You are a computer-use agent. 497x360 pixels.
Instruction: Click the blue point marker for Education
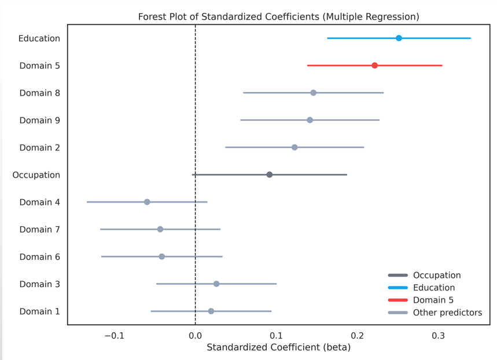[x=399, y=38]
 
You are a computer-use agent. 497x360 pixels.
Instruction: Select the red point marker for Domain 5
[x=374, y=65]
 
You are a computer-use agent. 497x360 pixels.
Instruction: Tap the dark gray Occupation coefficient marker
[x=269, y=175]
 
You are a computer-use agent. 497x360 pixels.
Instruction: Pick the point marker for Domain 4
[x=147, y=202]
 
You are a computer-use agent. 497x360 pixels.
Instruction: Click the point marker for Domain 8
[x=313, y=93]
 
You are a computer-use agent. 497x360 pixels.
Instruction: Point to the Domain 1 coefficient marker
[x=211, y=311]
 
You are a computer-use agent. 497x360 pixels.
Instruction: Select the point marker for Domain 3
[x=216, y=284]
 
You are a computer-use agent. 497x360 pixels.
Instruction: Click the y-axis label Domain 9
[x=39, y=120]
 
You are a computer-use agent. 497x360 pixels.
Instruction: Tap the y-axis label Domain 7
[x=39, y=230]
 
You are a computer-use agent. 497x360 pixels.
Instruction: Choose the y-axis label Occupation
[x=36, y=175]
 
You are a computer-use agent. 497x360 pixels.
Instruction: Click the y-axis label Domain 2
[x=39, y=148]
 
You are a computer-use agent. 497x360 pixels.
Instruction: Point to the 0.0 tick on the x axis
[x=195, y=335]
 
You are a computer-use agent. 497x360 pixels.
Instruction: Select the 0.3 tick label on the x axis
[x=439, y=335]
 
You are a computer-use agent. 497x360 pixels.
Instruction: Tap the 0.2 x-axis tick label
[x=358, y=335]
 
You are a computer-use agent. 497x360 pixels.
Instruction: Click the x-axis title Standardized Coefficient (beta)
[x=278, y=347]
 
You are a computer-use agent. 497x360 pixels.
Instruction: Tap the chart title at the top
[x=278, y=17]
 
